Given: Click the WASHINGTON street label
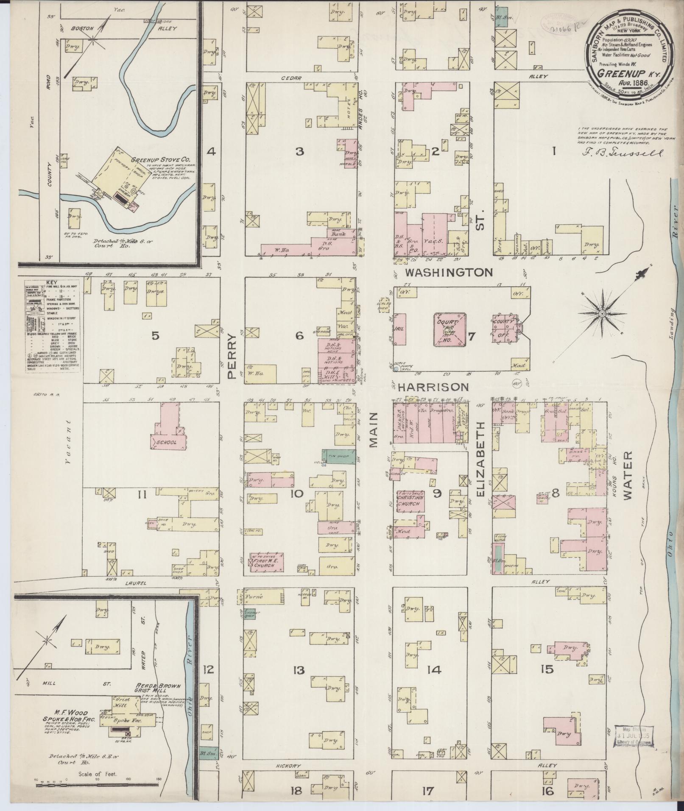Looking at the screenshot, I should coord(449,272).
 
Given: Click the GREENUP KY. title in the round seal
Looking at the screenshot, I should coord(624,72).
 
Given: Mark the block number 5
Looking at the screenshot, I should coord(155,336).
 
